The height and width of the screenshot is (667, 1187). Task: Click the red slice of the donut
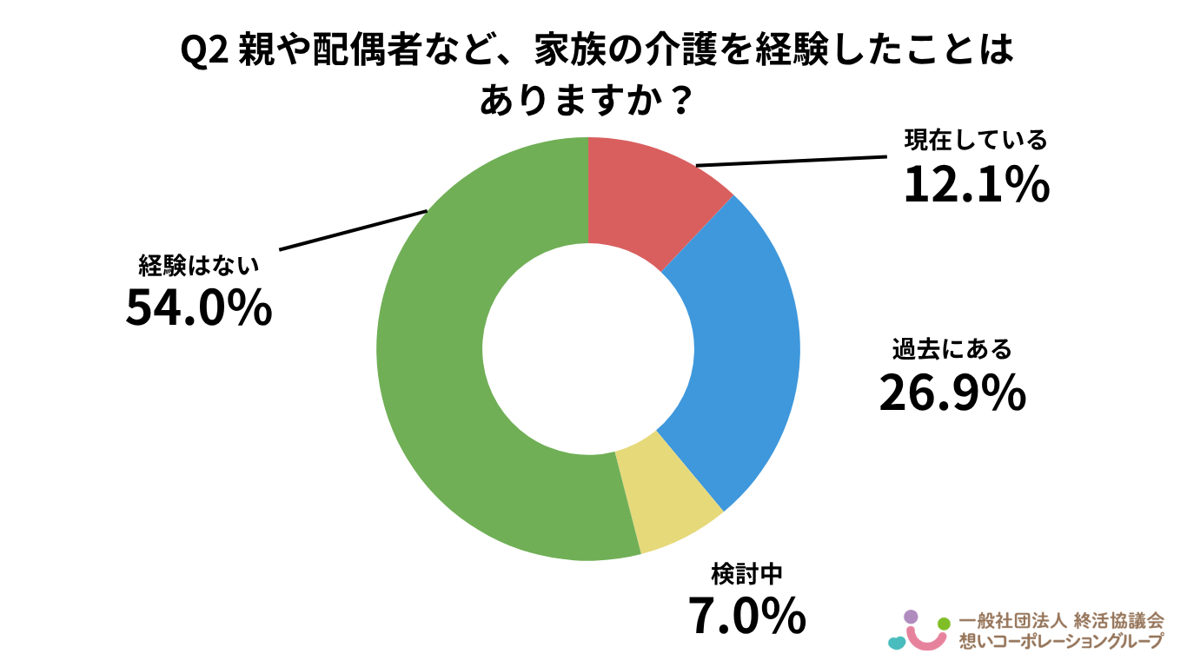pos(643,195)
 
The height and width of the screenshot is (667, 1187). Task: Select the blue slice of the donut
pos(739,347)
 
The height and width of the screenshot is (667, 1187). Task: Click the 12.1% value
pos(976,184)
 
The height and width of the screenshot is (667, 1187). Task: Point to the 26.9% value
pos(952,393)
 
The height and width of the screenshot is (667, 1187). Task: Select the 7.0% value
pos(747,616)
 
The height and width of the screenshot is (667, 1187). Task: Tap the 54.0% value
pos(198,307)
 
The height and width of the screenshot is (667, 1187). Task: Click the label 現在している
pos(976,141)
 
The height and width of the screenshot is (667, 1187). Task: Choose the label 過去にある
pos(952,350)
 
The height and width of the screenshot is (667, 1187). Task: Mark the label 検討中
pos(747,574)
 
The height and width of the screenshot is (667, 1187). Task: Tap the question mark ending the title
pos(682,102)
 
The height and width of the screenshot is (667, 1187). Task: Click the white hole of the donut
pos(588,348)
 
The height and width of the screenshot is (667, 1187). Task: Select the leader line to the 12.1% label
pos(791,161)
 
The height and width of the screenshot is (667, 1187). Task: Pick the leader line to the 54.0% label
pos(352,230)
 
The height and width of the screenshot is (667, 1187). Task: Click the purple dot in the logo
pos(911,617)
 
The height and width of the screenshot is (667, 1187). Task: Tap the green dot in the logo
pos(945,623)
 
